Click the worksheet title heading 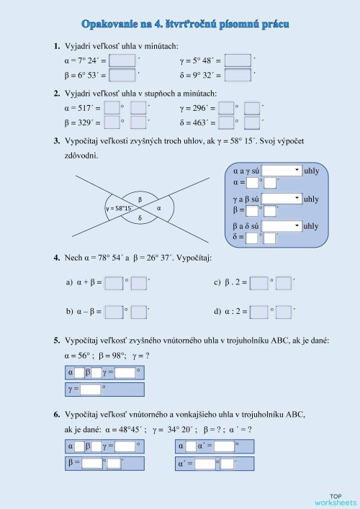point(186,24)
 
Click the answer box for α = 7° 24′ point(122,60)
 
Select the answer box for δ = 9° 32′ point(238,74)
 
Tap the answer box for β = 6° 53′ point(122,74)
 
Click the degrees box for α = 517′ point(112,108)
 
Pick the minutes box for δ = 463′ point(251,122)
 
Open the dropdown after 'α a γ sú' point(282,171)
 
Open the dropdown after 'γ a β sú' point(282,198)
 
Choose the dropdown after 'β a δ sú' point(282,225)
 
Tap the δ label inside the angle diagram point(140,217)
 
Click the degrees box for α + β point(114,283)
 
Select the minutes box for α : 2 point(283,312)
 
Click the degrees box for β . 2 point(258,283)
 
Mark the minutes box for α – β point(139,312)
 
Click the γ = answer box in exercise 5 point(90,389)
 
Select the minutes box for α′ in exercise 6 point(228,464)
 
